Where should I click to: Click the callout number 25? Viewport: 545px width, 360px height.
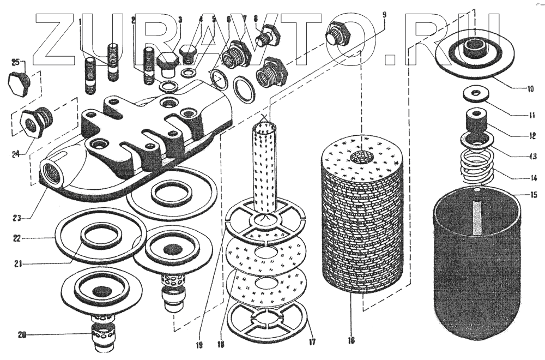pos(15,61)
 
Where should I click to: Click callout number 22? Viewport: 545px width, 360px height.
pos(17,238)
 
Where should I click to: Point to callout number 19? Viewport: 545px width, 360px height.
pos(199,345)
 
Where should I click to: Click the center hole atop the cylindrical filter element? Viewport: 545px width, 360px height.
pos(361,157)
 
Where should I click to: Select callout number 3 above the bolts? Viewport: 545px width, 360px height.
pos(180,20)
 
